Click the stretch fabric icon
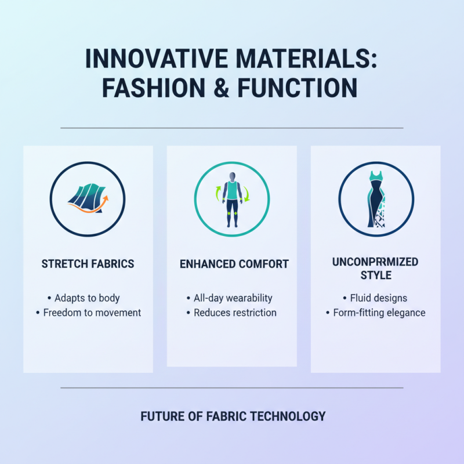pos(87,197)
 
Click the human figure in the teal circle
pos(232,197)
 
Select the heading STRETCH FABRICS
pos(88,264)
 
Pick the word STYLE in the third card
pos(375,275)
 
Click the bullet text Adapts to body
pos(87,298)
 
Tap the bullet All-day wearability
pos(233,298)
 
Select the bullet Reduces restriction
pos(235,313)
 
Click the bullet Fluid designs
pos(379,298)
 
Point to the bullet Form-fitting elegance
pos(379,313)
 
